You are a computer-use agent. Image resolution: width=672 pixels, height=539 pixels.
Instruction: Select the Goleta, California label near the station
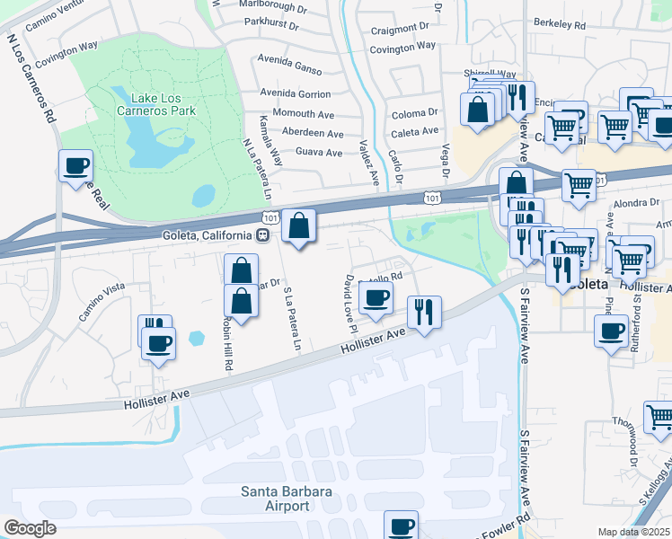pyautogui.click(x=206, y=235)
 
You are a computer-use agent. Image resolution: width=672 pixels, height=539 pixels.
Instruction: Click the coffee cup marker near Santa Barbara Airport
pyautogui.click(x=402, y=526)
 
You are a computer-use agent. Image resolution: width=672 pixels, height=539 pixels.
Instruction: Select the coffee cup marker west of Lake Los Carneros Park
pyautogui.click(x=75, y=165)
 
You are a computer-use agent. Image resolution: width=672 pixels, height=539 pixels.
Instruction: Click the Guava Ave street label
pyautogui.click(x=319, y=153)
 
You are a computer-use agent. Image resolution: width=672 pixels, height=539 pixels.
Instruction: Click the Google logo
pyautogui.click(x=30, y=528)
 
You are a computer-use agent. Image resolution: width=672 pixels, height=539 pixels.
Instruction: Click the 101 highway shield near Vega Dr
pyautogui.click(x=433, y=197)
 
